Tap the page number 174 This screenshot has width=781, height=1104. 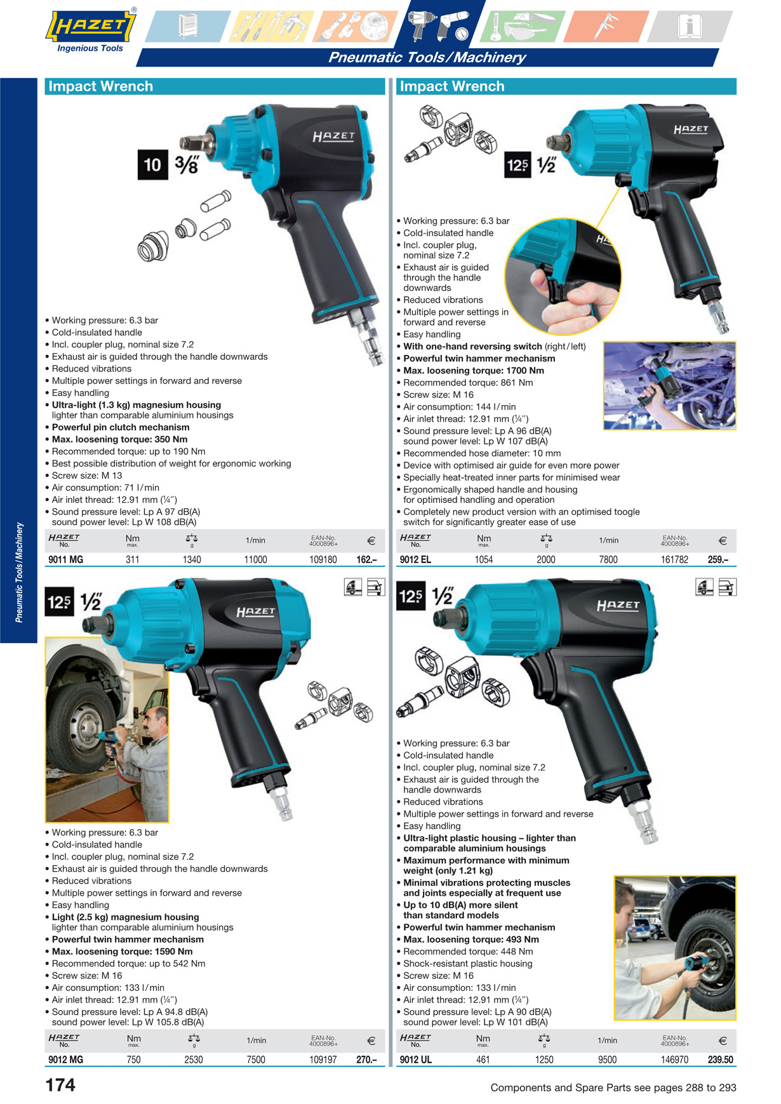(60, 1085)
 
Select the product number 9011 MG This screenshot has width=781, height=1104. (65, 559)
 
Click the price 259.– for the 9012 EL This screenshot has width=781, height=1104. (718, 559)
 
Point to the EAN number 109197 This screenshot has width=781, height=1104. (323, 1060)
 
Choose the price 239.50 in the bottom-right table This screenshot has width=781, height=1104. (721, 1060)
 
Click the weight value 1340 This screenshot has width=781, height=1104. (192, 559)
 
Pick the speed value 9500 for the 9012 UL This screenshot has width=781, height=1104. (607, 1060)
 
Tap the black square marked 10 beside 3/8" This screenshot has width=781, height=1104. (152, 164)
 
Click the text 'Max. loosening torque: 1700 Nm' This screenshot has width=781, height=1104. (474, 371)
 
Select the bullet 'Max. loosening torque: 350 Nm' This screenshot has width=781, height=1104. (119, 439)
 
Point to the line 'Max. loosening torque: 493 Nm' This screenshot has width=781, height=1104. (471, 940)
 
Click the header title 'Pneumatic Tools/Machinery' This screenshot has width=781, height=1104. (427, 57)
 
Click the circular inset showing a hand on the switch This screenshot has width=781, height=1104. (563, 276)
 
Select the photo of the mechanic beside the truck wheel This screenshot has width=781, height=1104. (107, 730)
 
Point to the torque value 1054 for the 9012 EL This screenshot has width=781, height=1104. (484, 559)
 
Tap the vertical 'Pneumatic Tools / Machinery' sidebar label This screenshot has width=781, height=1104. (19, 572)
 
